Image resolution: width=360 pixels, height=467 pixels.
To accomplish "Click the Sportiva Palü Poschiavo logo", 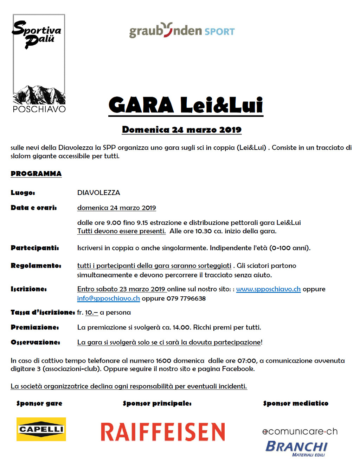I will click(39, 63).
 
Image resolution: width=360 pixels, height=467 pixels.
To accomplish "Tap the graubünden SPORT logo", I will click(182, 31).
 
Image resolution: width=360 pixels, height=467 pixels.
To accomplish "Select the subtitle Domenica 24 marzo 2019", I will click(181, 130).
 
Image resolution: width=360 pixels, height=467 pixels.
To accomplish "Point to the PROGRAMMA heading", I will click(36, 173).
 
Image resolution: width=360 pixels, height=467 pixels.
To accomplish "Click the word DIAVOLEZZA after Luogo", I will click(99, 193).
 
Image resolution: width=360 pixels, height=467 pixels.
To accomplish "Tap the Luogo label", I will click(23, 193).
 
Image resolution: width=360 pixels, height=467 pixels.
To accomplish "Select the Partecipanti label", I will click(35, 248).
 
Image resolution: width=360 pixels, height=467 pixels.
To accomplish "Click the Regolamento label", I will click(36, 265).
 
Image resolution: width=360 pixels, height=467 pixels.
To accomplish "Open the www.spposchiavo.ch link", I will click(268, 289).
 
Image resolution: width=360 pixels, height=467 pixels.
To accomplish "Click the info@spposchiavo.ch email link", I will click(108, 298).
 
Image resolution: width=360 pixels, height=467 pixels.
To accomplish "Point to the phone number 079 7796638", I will click(186, 298).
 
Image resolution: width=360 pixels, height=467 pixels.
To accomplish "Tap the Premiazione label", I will click(35, 327).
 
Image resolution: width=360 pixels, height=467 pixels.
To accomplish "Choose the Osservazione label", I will click(36, 342).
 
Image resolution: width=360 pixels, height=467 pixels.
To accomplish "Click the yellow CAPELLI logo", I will click(41, 429).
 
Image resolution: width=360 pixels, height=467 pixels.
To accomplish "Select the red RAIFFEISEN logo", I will click(163, 432).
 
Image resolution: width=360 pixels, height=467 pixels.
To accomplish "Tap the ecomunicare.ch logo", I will click(300, 431).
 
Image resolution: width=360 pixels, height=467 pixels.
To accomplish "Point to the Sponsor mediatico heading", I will click(296, 403).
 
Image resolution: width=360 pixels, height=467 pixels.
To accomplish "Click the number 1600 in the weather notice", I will click(163, 360).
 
